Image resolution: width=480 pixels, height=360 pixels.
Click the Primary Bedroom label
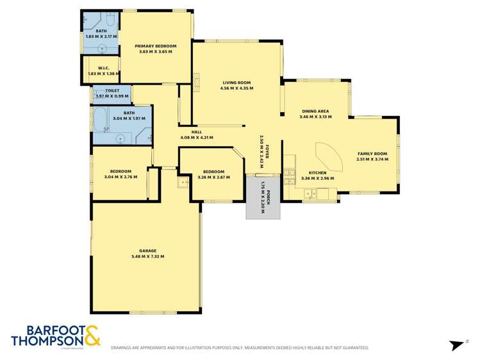coord(155,46)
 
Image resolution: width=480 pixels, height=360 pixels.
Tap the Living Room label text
coord(236,83)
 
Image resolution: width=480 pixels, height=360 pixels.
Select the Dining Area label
coord(315,111)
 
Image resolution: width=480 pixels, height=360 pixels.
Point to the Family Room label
coord(372,154)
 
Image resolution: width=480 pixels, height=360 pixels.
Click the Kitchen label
coord(318,173)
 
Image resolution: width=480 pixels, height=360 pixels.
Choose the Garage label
coord(148,250)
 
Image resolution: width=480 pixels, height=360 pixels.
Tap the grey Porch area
coord(263,198)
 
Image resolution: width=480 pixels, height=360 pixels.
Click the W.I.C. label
coord(106,69)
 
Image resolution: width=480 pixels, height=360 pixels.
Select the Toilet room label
coord(113,91)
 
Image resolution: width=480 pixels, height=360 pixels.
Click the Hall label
coord(188,132)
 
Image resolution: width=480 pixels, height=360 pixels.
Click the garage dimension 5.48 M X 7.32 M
coord(148,256)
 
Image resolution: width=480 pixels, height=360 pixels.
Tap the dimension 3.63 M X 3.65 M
coord(155,52)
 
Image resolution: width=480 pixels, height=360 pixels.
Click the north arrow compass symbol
coord(456,345)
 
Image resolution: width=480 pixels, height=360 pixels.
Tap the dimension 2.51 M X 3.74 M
coord(372,160)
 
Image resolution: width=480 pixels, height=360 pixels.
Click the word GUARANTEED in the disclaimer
coord(354,348)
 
